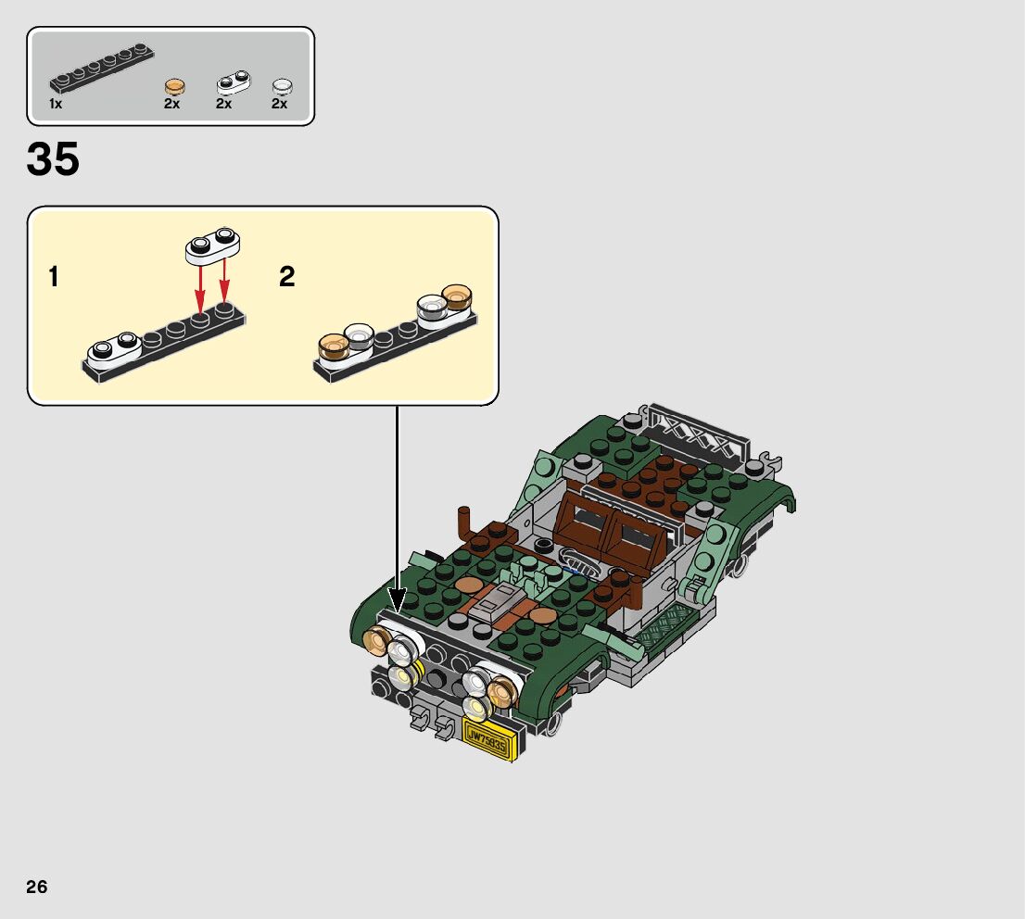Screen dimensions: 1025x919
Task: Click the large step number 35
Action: point(54,160)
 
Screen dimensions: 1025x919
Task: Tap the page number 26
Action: point(37,887)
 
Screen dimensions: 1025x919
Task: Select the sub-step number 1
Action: point(55,276)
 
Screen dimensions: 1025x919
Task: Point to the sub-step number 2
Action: point(287,276)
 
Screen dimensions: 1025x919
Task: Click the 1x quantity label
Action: point(56,104)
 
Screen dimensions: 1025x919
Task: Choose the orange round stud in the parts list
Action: point(173,87)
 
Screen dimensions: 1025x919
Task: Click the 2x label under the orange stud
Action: point(172,104)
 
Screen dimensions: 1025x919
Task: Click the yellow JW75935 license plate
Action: point(487,738)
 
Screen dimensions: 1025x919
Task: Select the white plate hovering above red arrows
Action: point(212,245)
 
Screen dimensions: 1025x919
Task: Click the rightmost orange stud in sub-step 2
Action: point(456,298)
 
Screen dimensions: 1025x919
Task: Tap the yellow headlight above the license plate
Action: point(475,710)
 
